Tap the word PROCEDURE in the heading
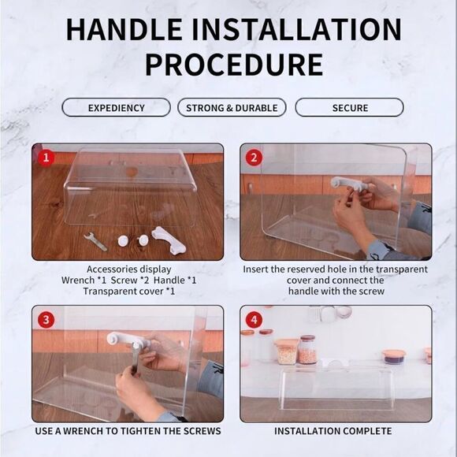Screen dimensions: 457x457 234,65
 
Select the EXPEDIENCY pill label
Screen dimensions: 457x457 117,108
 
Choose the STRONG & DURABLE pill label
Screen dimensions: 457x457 232,108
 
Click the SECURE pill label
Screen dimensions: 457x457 350,108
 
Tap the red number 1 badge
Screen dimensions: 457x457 46,158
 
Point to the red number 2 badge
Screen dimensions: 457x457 254,158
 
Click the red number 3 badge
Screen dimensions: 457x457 46,320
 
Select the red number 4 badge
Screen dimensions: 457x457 254,320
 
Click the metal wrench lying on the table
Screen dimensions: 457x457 95,241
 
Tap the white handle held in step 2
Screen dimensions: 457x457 348,184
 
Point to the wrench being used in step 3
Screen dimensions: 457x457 135,359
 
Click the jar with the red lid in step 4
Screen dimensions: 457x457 307,350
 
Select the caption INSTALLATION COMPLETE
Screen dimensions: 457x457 333,431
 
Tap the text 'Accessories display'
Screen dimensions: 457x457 128,269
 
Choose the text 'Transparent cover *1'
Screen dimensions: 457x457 128,292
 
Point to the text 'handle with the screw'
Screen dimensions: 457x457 336,292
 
